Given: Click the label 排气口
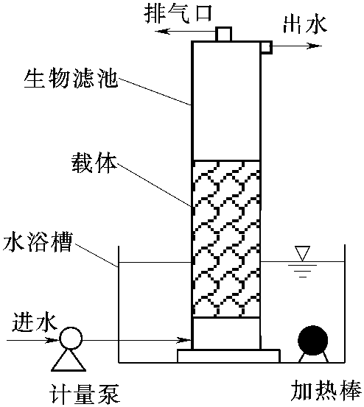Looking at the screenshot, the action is (x=178, y=13).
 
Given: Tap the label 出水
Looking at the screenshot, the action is (x=305, y=25).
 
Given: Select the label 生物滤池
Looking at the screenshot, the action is (x=71, y=78).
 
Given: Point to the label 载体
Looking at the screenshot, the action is (x=94, y=163).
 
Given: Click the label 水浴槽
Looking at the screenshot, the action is (x=38, y=242).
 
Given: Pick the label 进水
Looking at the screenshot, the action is (x=35, y=322).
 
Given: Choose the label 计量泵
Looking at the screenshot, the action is (x=85, y=394).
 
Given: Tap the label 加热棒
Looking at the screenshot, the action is (x=326, y=390).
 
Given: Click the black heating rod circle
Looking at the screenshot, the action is (x=313, y=340).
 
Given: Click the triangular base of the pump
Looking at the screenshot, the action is (x=69, y=361).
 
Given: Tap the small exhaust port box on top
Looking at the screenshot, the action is (x=223, y=34).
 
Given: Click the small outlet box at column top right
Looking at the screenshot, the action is (x=267, y=48).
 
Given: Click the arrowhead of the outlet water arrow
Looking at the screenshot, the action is (x=315, y=46).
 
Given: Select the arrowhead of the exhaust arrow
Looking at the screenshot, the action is (x=162, y=32).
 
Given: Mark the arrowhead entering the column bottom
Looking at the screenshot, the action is (x=184, y=340).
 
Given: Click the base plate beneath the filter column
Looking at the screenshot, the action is (x=228, y=356).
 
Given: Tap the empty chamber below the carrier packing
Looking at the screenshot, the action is (x=226, y=333).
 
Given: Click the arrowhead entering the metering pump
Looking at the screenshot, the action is (x=52, y=340).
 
